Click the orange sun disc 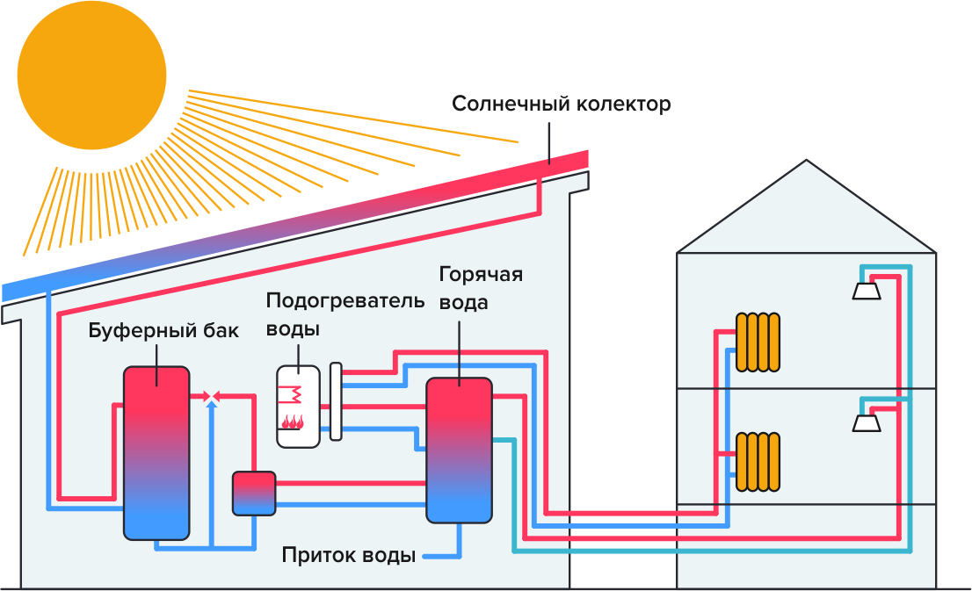[91, 75]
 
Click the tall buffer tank [156, 452]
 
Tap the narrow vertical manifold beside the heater [336, 401]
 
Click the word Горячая [481, 275]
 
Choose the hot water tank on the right [459, 450]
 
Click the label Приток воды [348, 556]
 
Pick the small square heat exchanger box [254, 493]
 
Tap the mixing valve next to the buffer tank [211, 397]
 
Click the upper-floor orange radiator [758, 341]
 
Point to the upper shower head [867, 291]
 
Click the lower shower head [867, 423]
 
